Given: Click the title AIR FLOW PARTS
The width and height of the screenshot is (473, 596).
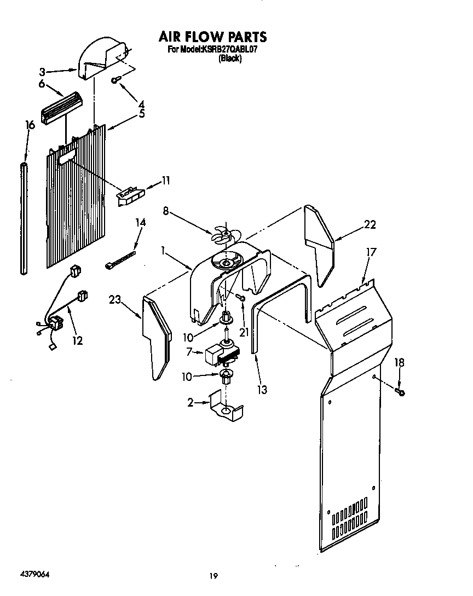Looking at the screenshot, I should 212,37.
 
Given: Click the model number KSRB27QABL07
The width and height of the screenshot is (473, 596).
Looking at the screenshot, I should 230,50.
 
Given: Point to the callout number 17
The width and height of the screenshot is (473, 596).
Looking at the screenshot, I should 371,252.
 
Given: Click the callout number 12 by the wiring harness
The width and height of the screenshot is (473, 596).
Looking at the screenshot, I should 77,340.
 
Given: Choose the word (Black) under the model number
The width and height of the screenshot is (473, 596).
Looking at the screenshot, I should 230,59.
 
